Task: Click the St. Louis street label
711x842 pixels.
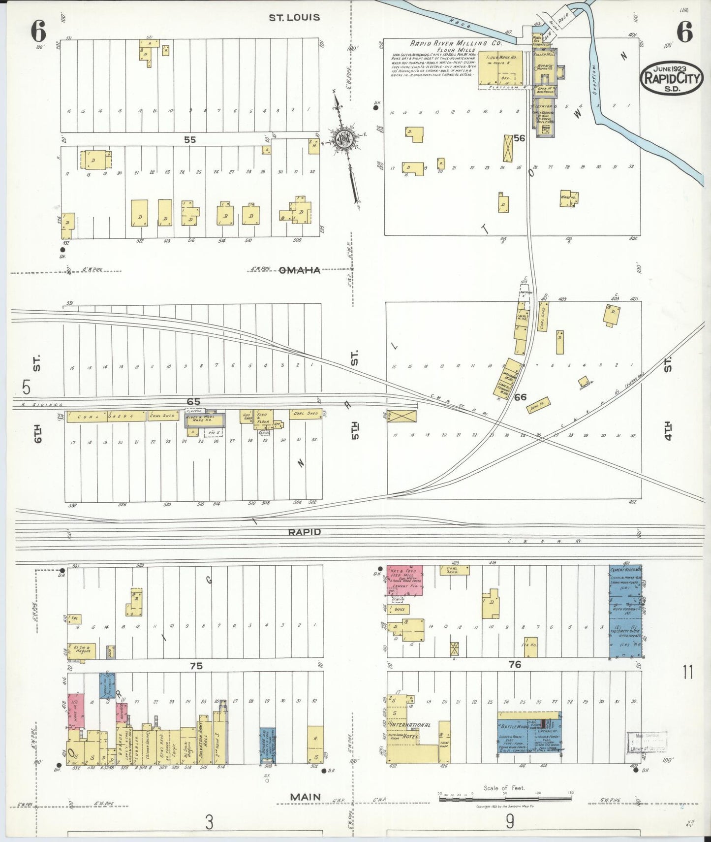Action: point(294,18)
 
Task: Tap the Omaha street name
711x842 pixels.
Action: point(300,270)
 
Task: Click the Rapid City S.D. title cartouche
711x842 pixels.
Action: point(671,78)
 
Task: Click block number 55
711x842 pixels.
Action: point(190,140)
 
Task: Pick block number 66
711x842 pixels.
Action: point(520,397)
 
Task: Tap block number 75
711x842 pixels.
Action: point(196,666)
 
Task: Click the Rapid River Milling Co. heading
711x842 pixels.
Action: point(456,43)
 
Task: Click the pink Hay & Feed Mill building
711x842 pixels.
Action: point(404,580)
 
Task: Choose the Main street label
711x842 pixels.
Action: point(305,797)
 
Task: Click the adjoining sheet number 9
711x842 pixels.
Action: point(510,821)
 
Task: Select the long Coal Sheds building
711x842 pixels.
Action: point(107,417)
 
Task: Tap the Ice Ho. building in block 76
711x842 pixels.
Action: point(530,647)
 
